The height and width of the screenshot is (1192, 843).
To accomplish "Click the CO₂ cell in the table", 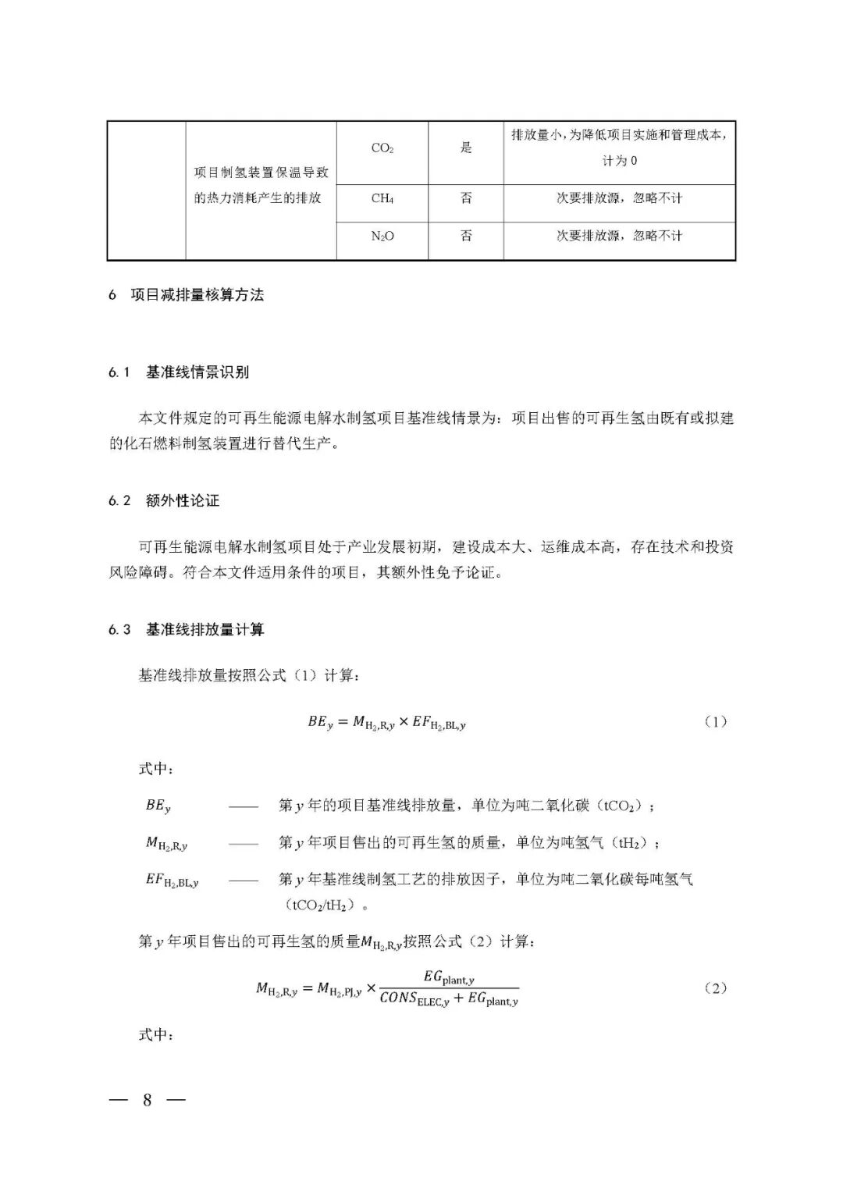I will [382, 148].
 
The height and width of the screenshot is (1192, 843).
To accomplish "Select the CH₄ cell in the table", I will [382, 198].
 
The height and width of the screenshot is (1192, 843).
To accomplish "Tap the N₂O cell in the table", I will [382, 236].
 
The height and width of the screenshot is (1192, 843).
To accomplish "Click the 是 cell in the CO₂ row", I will [466, 148].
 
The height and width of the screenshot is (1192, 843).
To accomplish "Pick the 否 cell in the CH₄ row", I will [466, 198].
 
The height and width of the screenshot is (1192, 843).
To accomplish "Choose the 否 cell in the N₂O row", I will [466, 236].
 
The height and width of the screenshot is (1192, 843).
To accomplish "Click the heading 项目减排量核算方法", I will [197, 295].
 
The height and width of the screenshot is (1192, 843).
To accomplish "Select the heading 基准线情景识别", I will [197, 372].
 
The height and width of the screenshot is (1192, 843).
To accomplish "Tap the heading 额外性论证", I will [183, 501].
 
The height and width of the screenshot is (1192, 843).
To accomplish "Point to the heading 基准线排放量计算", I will [205, 630].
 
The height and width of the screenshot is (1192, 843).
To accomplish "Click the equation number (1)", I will [715, 722].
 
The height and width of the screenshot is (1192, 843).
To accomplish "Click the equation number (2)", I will [715, 988].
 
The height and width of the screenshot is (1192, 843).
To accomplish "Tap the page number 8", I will [147, 1101].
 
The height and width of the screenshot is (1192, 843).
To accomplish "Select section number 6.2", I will [119, 501].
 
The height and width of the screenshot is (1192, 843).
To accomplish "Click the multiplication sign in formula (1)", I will [404, 723].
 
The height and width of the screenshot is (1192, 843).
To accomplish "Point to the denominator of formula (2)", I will [449, 999].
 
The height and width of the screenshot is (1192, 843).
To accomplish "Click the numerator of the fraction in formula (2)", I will [449, 977].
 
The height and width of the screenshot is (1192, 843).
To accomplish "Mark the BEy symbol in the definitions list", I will [158, 806].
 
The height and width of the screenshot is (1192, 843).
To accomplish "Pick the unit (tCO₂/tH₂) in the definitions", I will [325, 906].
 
